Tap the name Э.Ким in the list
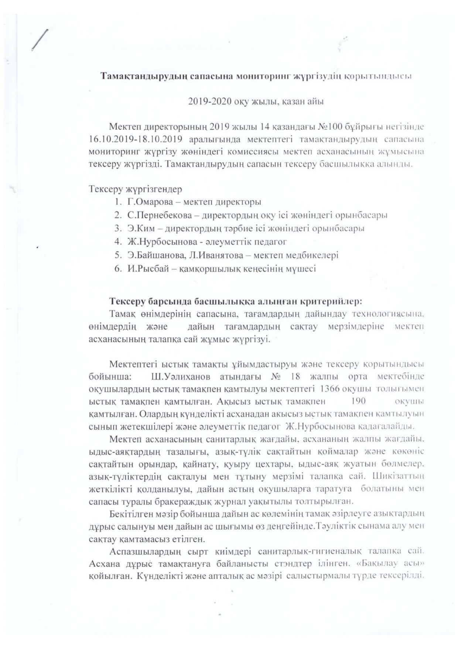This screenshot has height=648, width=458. (x=142, y=228)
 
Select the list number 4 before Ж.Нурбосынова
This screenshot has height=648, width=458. (x=117, y=242)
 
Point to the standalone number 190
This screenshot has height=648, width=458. (x=359, y=401)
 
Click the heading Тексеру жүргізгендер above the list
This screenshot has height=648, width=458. (x=135, y=189)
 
